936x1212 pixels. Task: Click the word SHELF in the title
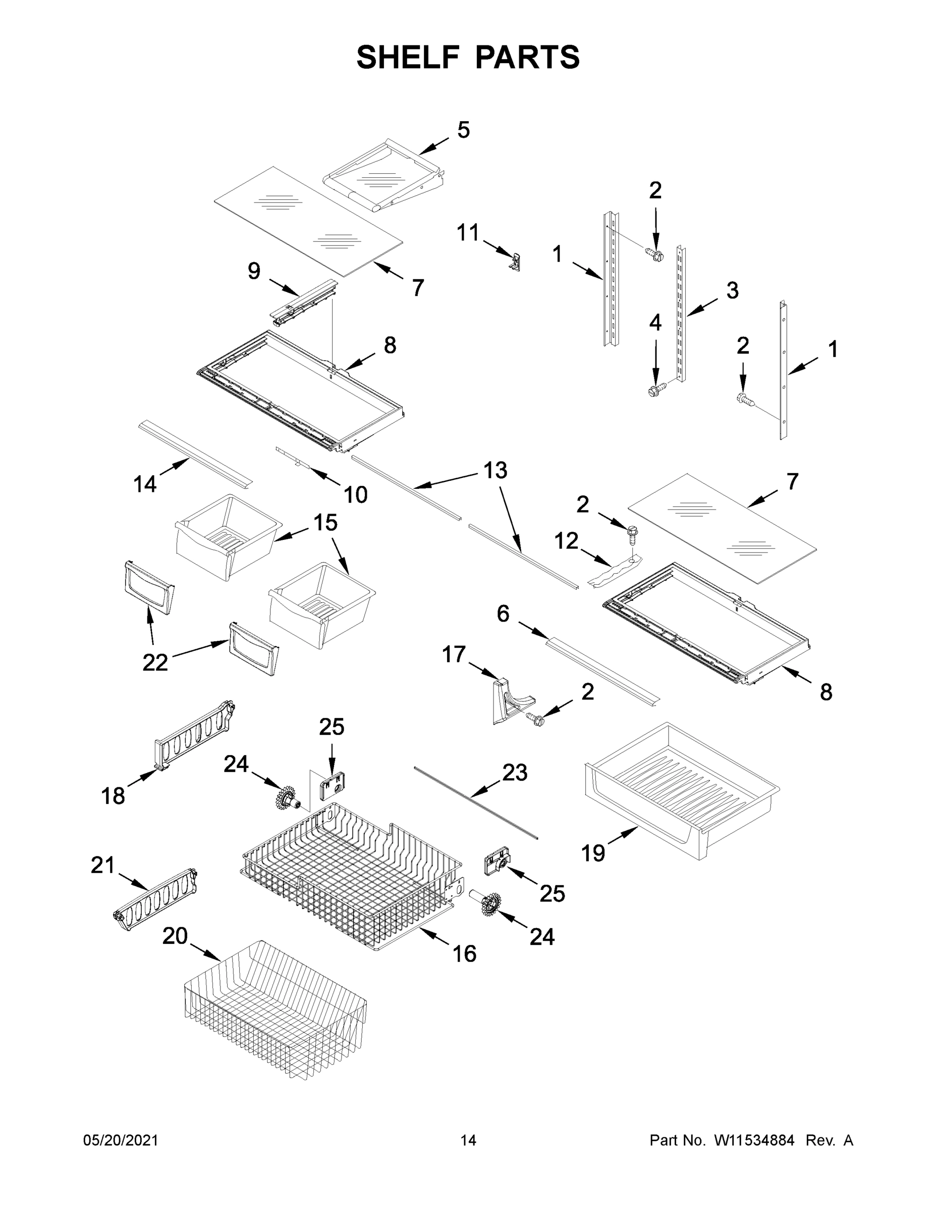click(408, 57)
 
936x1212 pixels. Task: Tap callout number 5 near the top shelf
click(463, 130)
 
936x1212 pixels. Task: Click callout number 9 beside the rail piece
click(253, 271)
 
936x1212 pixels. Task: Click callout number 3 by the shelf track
click(732, 290)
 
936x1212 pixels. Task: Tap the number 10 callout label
click(355, 494)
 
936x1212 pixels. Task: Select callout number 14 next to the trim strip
click(145, 484)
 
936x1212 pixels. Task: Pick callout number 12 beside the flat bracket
click(566, 540)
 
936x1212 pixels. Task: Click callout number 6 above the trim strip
click(503, 614)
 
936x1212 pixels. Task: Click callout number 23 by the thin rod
click(515, 773)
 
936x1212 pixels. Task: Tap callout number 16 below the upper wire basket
click(464, 954)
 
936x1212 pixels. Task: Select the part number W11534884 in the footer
click(754, 1140)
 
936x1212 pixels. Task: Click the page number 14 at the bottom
click(468, 1140)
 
